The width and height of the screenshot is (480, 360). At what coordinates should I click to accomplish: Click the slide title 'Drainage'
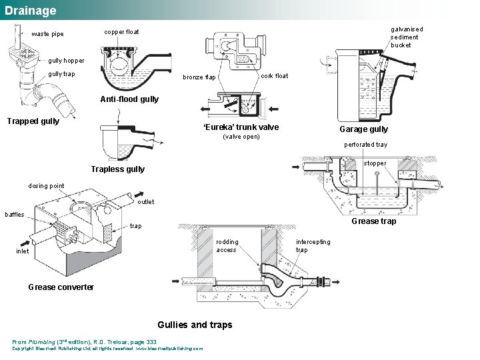(x=31, y=11)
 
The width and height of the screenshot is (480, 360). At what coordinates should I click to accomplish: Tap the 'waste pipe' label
(x=48, y=35)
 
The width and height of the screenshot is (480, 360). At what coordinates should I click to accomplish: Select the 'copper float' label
(x=122, y=32)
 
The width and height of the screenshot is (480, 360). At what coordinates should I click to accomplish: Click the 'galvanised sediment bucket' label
(x=406, y=37)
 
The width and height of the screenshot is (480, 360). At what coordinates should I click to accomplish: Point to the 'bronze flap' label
(x=200, y=77)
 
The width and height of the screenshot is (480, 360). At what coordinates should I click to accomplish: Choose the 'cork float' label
(x=274, y=76)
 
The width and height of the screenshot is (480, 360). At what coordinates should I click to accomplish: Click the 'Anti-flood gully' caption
(x=129, y=99)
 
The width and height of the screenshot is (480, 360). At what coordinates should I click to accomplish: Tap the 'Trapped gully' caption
(x=33, y=121)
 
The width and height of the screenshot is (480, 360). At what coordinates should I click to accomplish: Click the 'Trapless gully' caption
(x=117, y=169)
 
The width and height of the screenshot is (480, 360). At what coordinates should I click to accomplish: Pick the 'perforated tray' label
(x=365, y=145)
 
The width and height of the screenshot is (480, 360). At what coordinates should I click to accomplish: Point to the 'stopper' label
(x=375, y=163)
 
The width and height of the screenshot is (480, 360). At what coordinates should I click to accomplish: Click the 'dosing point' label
(x=47, y=186)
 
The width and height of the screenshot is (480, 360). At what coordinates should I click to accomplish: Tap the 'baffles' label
(x=15, y=215)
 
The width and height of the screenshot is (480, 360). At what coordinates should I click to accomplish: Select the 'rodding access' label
(x=227, y=246)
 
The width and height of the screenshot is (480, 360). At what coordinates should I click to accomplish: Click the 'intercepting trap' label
(x=313, y=246)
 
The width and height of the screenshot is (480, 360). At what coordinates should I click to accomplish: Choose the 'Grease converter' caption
(x=61, y=287)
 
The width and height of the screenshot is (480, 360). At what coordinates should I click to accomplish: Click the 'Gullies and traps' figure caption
(x=195, y=325)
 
